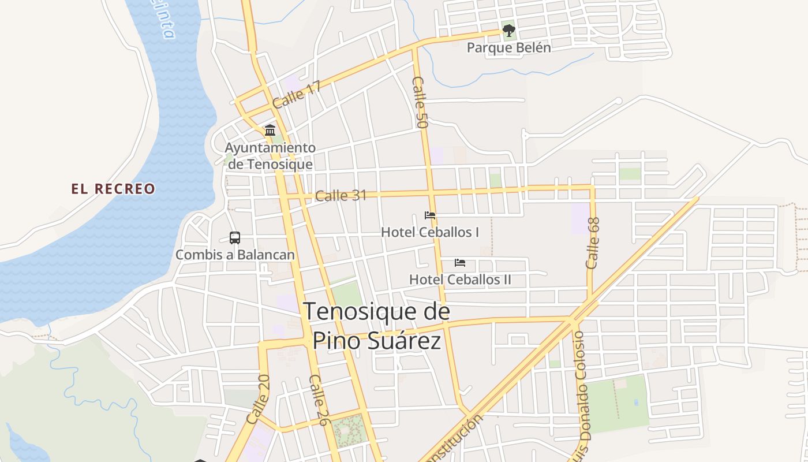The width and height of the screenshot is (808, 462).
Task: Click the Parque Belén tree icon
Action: point(508,30)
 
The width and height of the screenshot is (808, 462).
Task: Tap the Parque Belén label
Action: point(508,47)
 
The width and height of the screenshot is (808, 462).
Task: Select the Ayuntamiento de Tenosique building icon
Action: point(270,130)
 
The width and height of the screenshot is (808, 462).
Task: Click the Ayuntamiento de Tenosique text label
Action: point(270,156)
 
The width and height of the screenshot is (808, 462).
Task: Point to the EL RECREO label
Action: point(113,189)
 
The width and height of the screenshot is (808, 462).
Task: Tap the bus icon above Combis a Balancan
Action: point(235,238)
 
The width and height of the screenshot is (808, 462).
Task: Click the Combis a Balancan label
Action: point(235,255)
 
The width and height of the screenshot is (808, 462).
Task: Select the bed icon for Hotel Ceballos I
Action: point(430,215)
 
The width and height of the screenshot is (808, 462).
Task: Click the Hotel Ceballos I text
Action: point(430,232)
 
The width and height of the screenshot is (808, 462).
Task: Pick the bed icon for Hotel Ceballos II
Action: point(460,263)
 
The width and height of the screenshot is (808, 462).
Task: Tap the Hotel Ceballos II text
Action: point(460,280)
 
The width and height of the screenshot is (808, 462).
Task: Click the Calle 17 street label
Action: point(297,95)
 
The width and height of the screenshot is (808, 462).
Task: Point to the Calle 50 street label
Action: point(420,102)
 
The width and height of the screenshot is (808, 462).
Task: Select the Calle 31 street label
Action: point(341,196)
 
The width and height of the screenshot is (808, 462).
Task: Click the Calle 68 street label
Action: point(593,243)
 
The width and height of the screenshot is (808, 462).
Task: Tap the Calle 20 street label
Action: point(258,400)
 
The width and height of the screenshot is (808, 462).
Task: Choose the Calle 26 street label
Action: point(318,400)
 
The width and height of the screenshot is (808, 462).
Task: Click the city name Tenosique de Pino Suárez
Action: point(376,326)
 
